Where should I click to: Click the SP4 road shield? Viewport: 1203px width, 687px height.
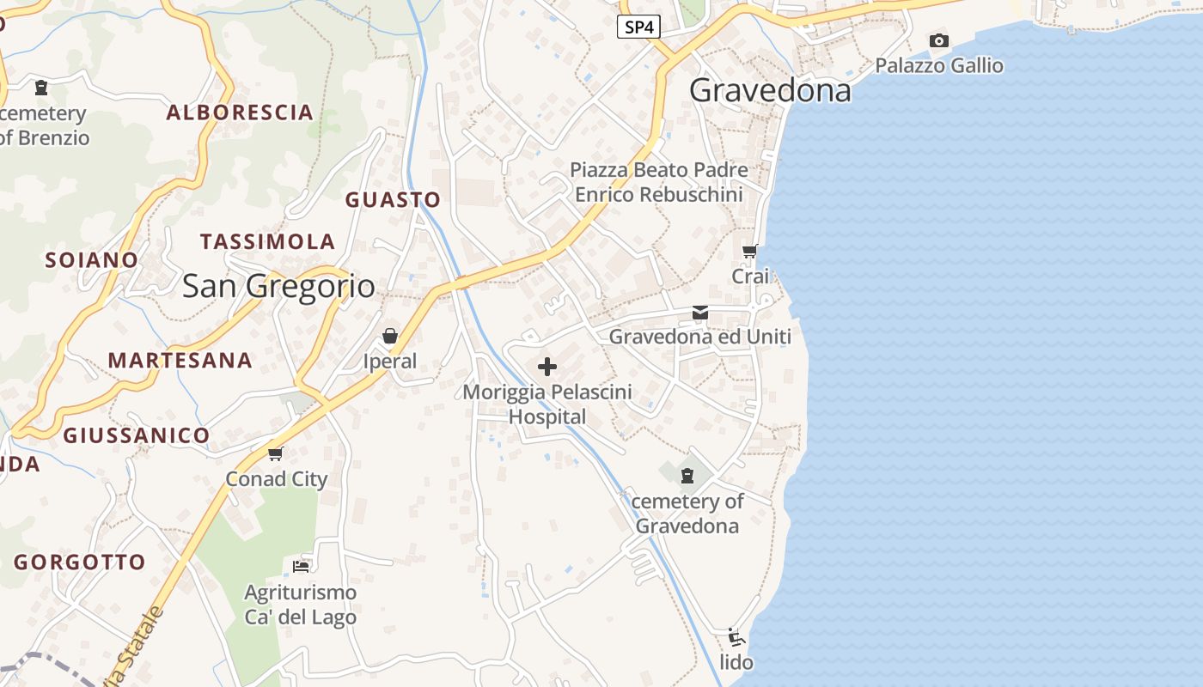tap(638, 27)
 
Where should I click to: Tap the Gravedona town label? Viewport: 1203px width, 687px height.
tap(770, 90)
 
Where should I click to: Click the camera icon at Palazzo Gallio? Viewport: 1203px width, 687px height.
tap(938, 40)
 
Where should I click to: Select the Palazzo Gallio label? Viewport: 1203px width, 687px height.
tap(938, 65)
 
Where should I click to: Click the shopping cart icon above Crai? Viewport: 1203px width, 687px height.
tap(749, 252)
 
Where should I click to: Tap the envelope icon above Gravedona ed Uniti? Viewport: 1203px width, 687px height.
tap(700, 313)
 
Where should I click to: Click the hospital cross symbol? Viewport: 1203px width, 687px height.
tap(547, 368)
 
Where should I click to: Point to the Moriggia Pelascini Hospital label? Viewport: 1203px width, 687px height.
tap(547, 404)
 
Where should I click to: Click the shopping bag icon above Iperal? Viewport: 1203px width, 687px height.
tap(390, 336)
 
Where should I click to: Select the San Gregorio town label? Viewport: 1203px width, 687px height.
tap(278, 286)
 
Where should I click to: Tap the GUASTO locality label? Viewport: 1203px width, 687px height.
tap(393, 200)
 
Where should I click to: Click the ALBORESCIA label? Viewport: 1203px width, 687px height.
tap(240, 112)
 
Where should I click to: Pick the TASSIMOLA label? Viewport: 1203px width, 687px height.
tap(267, 242)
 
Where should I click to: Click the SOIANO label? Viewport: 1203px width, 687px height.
tap(91, 259)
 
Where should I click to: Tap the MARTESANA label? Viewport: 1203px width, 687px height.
tap(180, 361)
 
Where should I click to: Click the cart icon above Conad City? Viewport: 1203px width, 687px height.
tap(275, 453)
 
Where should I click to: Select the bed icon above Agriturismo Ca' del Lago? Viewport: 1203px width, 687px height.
tap(301, 566)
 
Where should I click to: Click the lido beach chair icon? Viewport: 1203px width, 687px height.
tap(736, 637)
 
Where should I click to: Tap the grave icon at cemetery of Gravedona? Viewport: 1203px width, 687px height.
tap(687, 475)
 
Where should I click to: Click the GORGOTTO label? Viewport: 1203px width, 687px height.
tap(79, 562)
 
